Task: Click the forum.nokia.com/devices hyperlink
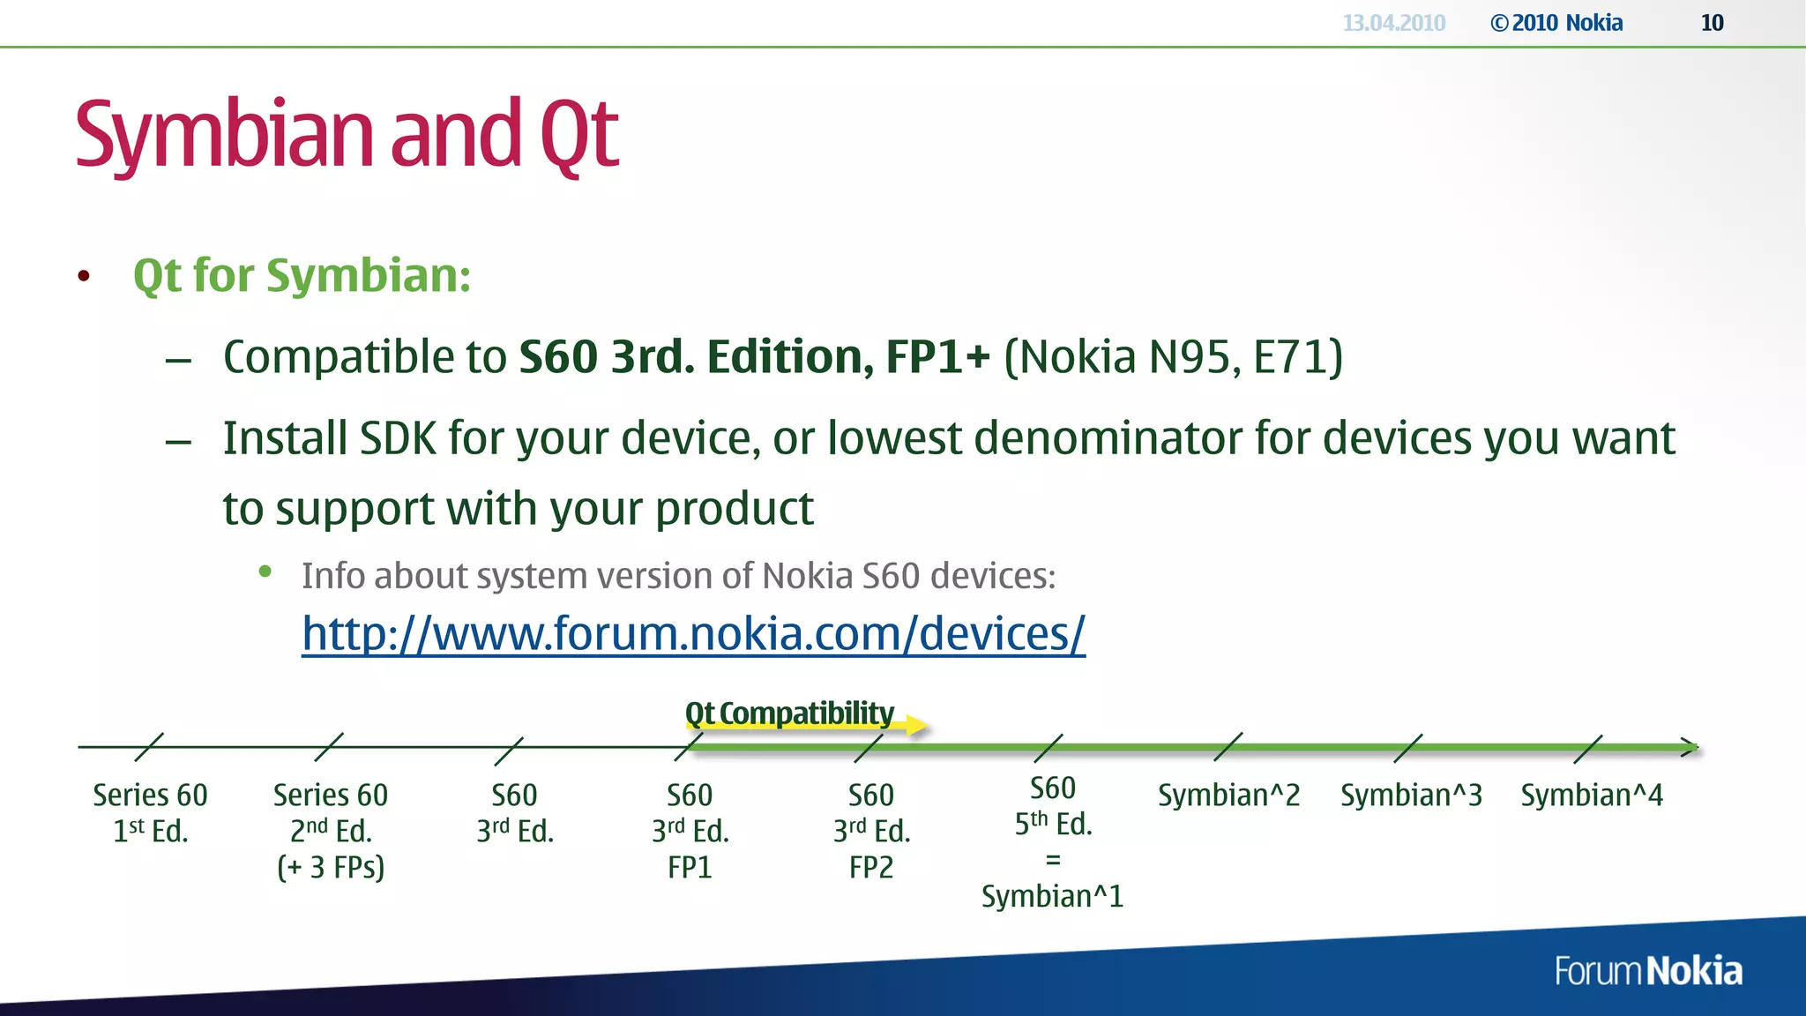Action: (x=693, y=634)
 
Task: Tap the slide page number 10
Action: (x=1712, y=23)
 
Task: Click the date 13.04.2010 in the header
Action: (x=1393, y=23)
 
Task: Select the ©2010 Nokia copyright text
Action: (x=1556, y=23)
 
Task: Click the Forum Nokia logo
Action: (x=1647, y=971)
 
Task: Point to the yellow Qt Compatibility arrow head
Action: (x=918, y=726)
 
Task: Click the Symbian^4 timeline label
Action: (x=1592, y=796)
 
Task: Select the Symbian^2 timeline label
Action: (x=1228, y=796)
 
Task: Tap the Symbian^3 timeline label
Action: (x=1411, y=796)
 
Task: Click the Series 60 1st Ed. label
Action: (x=150, y=812)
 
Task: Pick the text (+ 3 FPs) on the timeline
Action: (x=331, y=868)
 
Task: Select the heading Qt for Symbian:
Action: (x=302, y=275)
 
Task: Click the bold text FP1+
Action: (x=937, y=357)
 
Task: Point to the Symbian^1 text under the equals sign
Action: (x=1052, y=897)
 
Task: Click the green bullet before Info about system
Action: (x=265, y=572)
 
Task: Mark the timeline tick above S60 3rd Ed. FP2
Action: (x=869, y=748)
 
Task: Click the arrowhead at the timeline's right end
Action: (x=1690, y=747)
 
